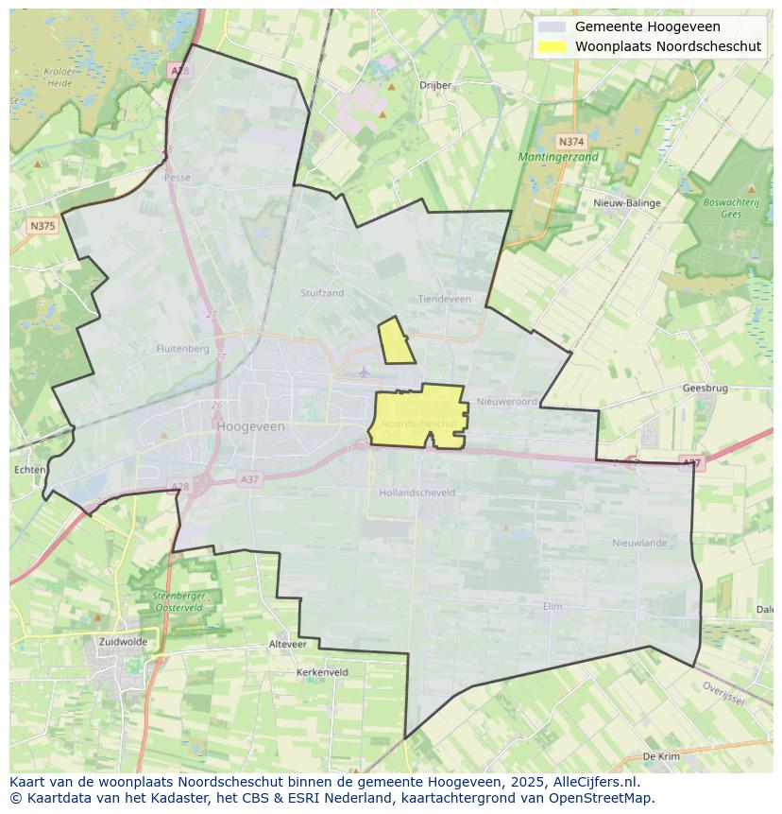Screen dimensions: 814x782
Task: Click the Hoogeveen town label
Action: tap(250, 426)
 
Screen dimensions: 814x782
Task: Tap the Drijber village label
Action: tap(435, 85)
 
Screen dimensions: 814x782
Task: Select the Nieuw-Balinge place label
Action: tap(627, 203)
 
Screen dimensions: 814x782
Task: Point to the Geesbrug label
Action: tap(705, 389)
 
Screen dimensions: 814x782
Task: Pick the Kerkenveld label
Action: tap(322, 672)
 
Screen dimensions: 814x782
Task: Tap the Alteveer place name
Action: tap(288, 644)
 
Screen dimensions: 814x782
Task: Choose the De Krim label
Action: tap(661, 757)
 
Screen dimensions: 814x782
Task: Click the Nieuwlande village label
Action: tap(639, 543)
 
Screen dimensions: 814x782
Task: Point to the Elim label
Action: tap(552, 606)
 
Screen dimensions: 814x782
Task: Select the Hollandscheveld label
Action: tap(416, 493)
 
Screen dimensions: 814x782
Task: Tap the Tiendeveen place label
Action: tap(444, 299)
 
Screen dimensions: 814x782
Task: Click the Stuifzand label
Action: tap(322, 293)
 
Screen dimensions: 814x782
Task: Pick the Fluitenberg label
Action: tap(182, 349)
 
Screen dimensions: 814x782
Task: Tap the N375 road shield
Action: tap(42, 226)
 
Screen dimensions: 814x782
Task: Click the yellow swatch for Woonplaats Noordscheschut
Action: tap(552, 46)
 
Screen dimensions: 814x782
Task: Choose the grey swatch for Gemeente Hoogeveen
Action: tap(552, 27)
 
